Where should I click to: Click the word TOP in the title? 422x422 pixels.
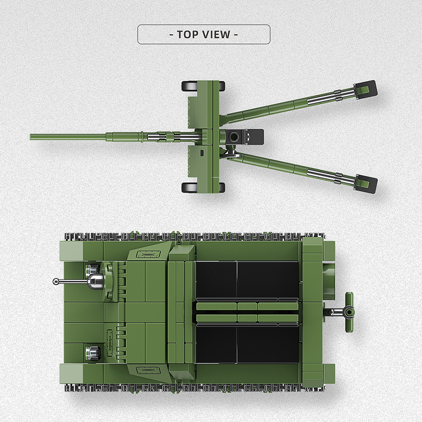pos(188,35)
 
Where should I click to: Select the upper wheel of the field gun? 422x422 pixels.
pos(204,86)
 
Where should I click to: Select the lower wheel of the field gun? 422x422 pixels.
pos(204,187)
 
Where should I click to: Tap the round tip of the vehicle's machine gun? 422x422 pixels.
pos(56,281)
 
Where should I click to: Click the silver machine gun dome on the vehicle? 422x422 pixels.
pos(95,281)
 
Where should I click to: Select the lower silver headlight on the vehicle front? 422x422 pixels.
pos(92,350)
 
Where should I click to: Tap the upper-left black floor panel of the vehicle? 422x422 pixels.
pos(216,279)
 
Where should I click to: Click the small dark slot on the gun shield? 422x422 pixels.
pos(202,154)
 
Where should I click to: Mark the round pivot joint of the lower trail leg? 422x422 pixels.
pos(230,154)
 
